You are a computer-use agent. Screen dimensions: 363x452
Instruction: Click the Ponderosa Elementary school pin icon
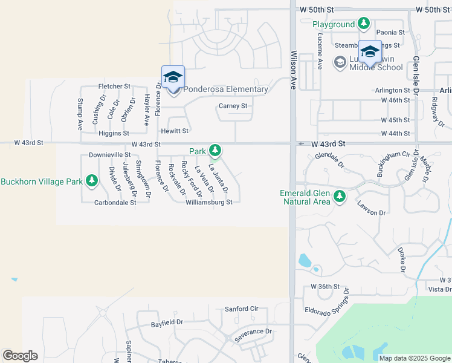pyautogui.click(x=173, y=77)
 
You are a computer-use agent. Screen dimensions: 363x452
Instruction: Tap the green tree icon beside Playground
pyautogui.click(x=363, y=24)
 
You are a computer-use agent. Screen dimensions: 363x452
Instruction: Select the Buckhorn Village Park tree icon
pyautogui.click(x=92, y=180)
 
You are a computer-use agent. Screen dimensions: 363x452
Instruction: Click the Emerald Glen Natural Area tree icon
pyautogui.click(x=340, y=195)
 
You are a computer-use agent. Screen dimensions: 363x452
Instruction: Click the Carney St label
pyautogui.click(x=233, y=106)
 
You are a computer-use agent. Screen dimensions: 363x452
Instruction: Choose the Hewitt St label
pyautogui.click(x=175, y=131)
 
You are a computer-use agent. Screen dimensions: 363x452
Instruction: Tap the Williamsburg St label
pyautogui.click(x=209, y=203)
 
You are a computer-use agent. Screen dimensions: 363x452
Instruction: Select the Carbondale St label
pyautogui.click(x=115, y=203)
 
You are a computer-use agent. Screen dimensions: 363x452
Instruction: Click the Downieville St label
pyautogui.click(x=109, y=155)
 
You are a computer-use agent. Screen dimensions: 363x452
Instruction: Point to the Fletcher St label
pyautogui.click(x=114, y=87)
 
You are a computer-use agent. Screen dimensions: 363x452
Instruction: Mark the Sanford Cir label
pyautogui.click(x=241, y=309)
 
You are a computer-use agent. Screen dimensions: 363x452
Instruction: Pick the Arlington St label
pyautogui.click(x=392, y=90)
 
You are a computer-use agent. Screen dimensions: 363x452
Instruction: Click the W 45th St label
pyautogui.click(x=395, y=120)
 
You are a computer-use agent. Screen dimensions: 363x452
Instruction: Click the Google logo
pyautogui.click(x=20, y=356)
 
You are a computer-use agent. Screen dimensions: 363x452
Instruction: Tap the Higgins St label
pyautogui.click(x=114, y=133)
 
